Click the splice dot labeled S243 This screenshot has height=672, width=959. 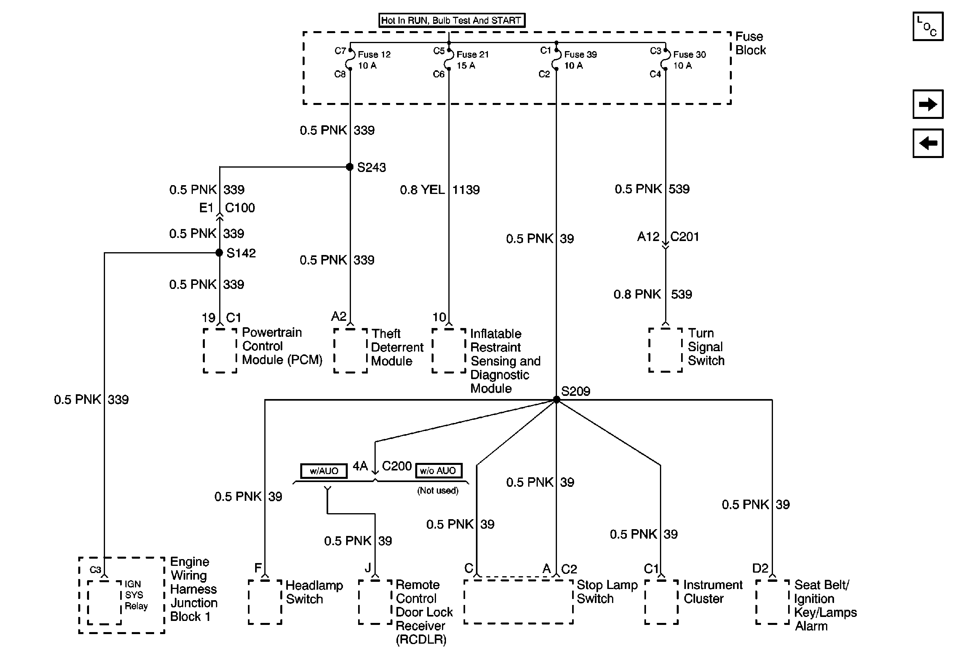(x=350, y=167)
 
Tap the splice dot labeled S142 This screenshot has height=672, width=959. (x=219, y=253)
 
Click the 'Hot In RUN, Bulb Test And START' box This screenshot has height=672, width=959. (x=452, y=20)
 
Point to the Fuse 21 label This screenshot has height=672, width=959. (x=472, y=55)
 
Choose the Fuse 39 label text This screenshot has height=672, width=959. (x=580, y=55)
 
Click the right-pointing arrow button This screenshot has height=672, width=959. (x=928, y=104)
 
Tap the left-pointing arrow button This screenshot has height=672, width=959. (x=928, y=143)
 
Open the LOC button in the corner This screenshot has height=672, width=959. (x=928, y=27)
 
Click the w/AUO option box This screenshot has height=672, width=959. (x=324, y=471)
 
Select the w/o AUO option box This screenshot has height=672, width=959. (x=438, y=470)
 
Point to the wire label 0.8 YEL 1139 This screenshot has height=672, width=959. (x=440, y=190)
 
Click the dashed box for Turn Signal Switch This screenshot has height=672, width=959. (x=666, y=350)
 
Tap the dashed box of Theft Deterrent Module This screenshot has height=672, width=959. (x=351, y=351)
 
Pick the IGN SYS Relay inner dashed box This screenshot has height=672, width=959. (x=105, y=602)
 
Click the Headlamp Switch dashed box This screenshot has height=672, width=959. (x=265, y=602)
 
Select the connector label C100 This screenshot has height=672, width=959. (x=240, y=208)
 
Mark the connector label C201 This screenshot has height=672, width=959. (x=685, y=237)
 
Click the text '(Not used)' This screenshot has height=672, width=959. (x=438, y=490)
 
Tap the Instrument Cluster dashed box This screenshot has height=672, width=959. (x=661, y=602)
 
